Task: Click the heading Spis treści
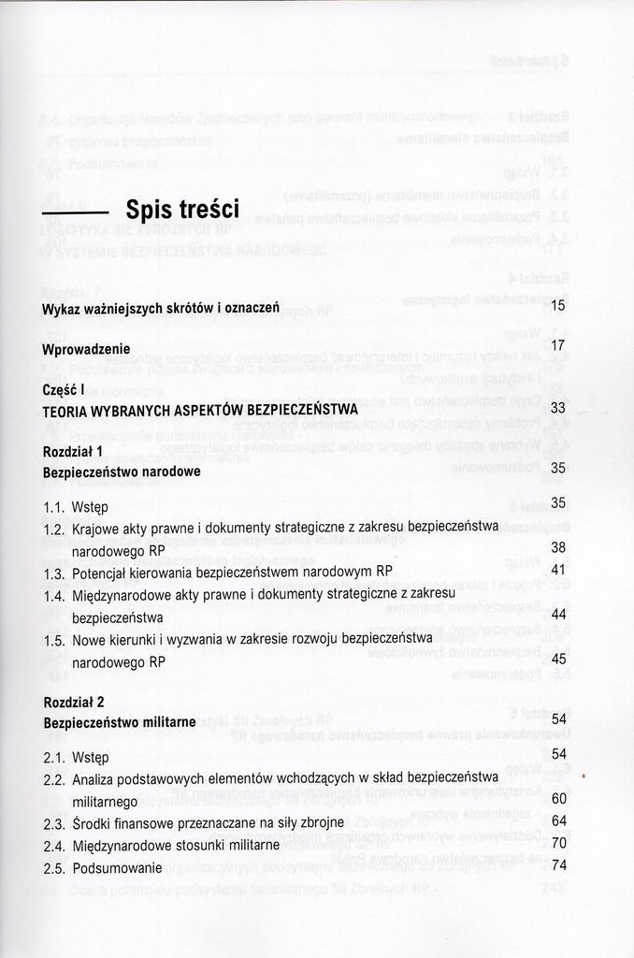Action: (x=182, y=208)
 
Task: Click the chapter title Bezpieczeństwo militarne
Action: (x=119, y=722)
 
